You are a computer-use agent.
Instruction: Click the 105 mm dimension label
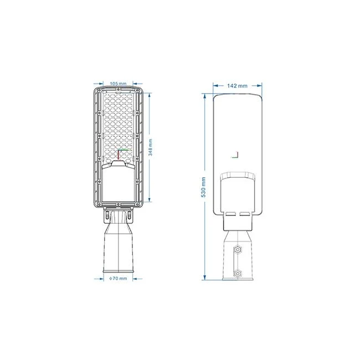click(x=118, y=84)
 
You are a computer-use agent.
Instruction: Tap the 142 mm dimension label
click(x=238, y=86)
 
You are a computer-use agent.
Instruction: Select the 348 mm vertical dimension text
click(x=151, y=147)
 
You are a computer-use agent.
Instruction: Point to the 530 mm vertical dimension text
click(x=203, y=187)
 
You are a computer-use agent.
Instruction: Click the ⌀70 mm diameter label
click(x=118, y=278)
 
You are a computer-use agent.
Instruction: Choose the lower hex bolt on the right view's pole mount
click(x=238, y=274)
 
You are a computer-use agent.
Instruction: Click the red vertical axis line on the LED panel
click(x=118, y=155)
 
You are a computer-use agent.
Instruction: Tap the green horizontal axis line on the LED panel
click(x=124, y=150)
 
